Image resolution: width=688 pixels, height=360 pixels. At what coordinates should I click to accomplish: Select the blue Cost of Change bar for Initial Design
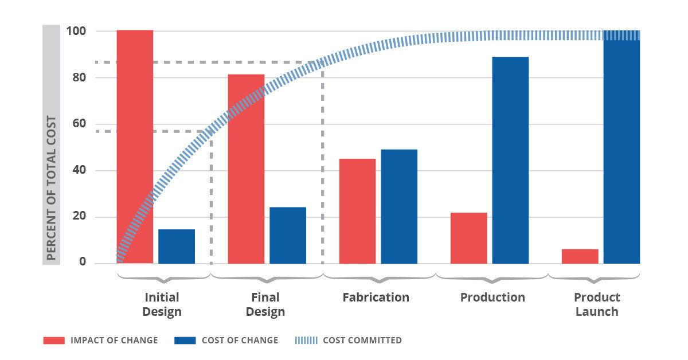177,246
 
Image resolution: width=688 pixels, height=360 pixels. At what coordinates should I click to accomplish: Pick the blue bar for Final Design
288,236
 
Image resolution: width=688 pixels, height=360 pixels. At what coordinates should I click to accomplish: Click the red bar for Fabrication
357,211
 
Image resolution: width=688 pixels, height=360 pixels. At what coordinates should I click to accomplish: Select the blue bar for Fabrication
399,206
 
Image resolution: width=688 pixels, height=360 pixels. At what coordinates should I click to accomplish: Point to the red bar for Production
468,238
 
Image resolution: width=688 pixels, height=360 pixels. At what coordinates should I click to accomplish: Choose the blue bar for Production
510,160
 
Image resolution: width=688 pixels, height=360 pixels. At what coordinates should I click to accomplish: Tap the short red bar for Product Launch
580,256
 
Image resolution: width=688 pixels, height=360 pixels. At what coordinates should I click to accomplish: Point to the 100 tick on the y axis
76,31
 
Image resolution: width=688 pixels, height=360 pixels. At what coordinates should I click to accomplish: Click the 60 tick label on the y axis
79,124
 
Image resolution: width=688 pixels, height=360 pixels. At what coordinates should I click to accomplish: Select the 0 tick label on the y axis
82,263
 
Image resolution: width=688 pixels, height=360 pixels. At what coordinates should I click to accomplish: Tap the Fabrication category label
376,298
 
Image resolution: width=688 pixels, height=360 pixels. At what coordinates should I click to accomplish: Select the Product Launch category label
597,304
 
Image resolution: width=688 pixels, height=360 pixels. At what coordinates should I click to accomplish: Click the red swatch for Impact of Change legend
54,341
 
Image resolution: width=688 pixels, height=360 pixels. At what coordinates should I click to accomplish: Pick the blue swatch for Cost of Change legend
185,341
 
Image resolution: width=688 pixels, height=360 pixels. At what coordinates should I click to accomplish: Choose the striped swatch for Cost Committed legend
306,341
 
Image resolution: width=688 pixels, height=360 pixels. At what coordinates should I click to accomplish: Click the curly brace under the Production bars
491,278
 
